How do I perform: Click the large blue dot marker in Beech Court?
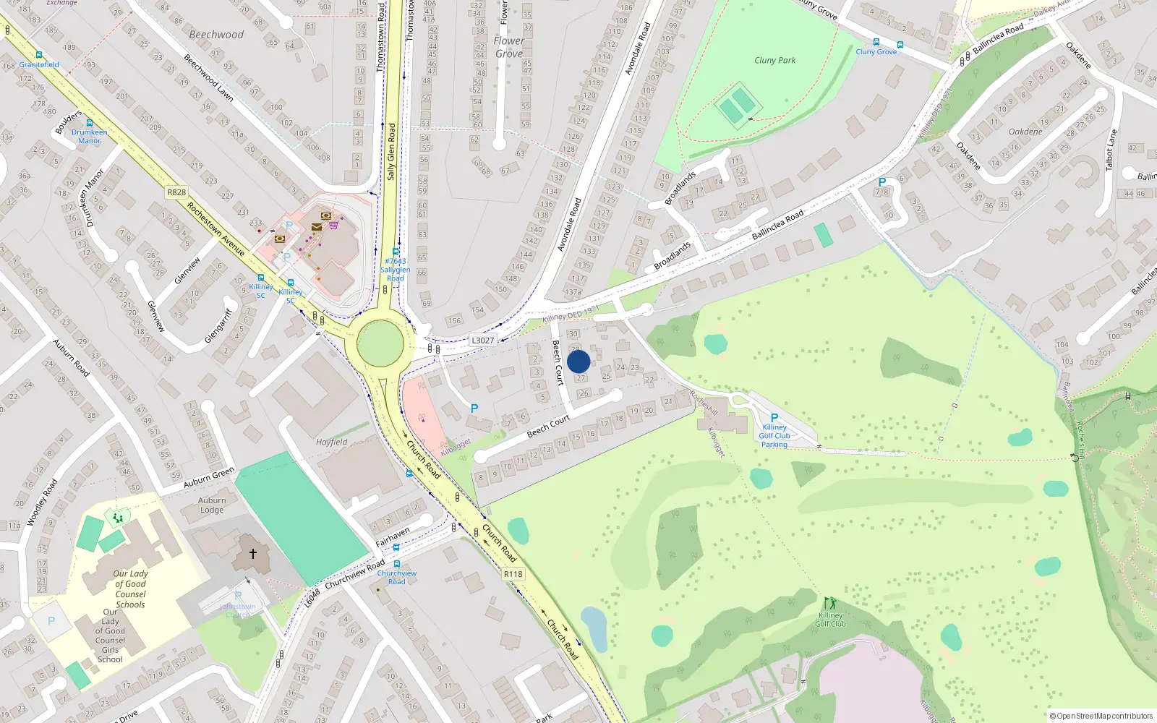pos(578,361)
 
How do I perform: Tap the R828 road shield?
pos(176,192)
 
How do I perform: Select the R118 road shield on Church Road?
pos(513,574)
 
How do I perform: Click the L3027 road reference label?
pos(482,341)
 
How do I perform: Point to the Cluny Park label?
pos(774,61)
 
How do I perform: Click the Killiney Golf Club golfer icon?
pos(829,604)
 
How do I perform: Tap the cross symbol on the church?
pos(253,554)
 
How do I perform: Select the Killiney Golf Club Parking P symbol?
pos(774,418)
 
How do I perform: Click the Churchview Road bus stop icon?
pos(396,564)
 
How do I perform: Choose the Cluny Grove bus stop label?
pos(876,52)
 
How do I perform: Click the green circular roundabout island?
pos(380,343)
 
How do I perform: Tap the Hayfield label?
pos(331,442)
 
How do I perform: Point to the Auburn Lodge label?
pos(212,505)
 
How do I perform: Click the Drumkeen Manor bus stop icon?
pos(90,124)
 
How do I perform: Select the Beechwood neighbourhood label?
pos(216,35)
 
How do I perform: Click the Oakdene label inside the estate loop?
pos(1025,132)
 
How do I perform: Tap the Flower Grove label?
pos(508,47)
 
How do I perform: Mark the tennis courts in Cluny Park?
pos(737,106)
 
